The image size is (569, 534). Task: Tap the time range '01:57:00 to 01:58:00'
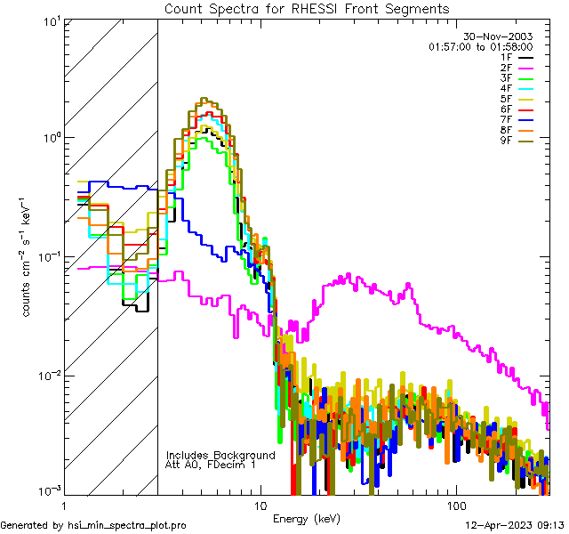click(480, 46)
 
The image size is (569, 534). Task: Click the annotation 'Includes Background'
click(220, 455)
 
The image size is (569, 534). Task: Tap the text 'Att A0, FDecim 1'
click(211, 465)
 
